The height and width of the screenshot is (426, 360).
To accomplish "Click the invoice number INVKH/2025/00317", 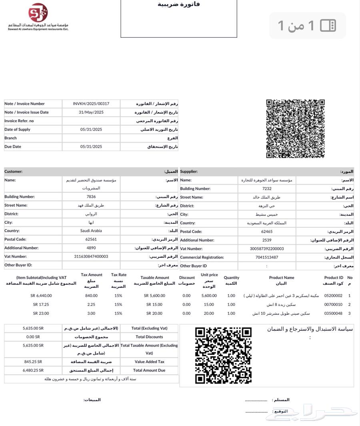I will [x=91, y=104].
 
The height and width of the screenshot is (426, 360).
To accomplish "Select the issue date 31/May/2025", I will [x=91, y=113].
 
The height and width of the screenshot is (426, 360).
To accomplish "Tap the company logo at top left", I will [x=38, y=13].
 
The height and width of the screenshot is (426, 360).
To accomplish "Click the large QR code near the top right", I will [x=295, y=129].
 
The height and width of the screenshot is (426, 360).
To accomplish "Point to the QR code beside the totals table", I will [x=223, y=355].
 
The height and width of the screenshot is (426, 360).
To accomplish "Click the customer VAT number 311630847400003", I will [x=91, y=256].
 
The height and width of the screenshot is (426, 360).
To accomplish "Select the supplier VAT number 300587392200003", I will [x=266, y=249].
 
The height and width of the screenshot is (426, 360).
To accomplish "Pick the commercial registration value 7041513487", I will [x=266, y=257].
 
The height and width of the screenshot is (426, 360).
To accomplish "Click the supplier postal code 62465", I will [x=266, y=231].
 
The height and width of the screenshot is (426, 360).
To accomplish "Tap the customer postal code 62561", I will [x=91, y=239].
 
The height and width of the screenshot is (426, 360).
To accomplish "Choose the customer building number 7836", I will [x=91, y=197].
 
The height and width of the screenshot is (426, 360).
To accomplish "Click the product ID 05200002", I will [x=333, y=296].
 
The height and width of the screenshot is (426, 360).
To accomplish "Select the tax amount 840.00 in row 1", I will [x=91, y=296].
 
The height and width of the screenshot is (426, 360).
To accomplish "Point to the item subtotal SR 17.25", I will [x=41, y=305].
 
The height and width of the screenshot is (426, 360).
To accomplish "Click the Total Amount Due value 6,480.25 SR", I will [x=33, y=370].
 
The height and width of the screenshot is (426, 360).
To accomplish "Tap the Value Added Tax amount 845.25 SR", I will [x=33, y=362].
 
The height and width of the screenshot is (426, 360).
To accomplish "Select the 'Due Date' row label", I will [x=13, y=147].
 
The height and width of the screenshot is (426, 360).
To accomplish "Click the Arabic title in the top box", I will [x=179, y=4].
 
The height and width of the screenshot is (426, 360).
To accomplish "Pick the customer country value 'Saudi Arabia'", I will [x=91, y=231].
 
